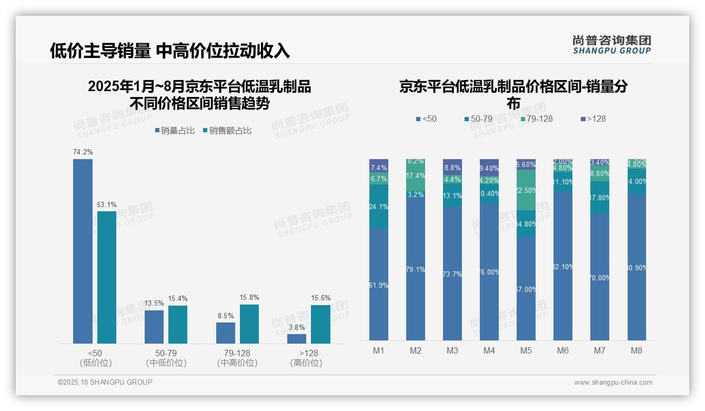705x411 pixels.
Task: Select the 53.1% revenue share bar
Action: (x=107, y=277)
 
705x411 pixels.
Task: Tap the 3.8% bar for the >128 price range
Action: (x=297, y=339)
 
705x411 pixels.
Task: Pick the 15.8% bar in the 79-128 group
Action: (x=249, y=324)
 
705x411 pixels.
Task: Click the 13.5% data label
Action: (x=154, y=304)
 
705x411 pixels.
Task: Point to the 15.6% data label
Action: (x=320, y=298)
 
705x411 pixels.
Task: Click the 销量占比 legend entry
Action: (x=174, y=131)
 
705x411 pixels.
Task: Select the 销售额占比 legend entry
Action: (x=227, y=131)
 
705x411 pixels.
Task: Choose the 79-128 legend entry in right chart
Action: (x=536, y=119)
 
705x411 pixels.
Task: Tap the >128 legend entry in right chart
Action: (x=593, y=119)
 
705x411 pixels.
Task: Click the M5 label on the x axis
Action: (x=526, y=350)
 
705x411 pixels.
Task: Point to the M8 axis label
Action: (x=637, y=350)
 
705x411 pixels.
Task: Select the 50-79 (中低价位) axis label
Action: (x=166, y=358)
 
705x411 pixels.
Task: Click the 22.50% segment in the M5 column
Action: (x=526, y=190)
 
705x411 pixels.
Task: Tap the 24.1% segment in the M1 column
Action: (x=379, y=207)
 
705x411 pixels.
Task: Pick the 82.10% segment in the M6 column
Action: (x=563, y=266)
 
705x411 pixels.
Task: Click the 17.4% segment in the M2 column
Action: (x=416, y=175)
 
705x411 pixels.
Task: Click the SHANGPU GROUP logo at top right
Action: (x=611, y=45)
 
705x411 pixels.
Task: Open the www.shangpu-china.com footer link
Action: (x=613, y=383)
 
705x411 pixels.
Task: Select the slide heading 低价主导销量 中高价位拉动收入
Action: (x=169, y=51)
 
